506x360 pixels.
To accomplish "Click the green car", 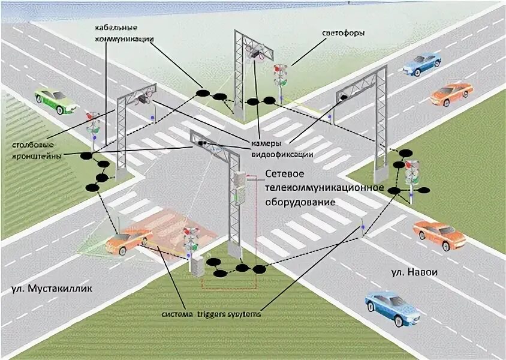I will tap(56, 100).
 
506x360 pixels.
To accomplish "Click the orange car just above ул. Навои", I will tap(439, 235).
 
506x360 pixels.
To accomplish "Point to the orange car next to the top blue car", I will tap(451, 94).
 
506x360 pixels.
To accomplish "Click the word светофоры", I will tap(344, 32).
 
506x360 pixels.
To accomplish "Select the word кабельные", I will tap(117, 28).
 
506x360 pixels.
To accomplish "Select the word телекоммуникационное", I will tap(324, 187).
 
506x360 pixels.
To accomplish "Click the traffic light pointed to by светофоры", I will tap(280, 77).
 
